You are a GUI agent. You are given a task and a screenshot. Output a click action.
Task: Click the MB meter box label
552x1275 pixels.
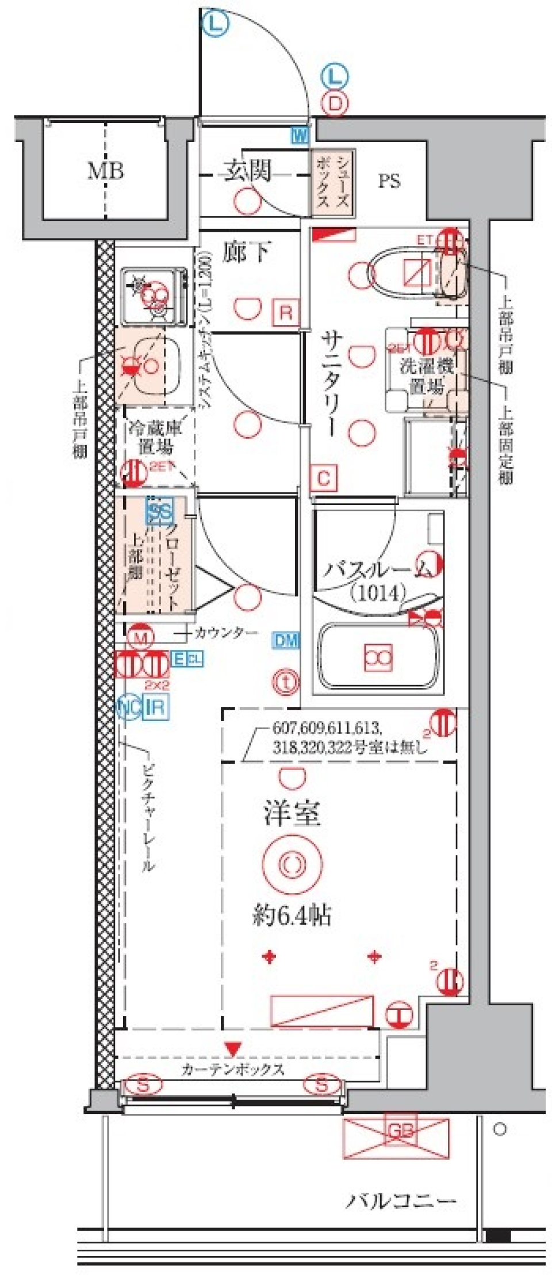click(105, 171)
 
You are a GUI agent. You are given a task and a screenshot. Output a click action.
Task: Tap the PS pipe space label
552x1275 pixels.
click(389, 181)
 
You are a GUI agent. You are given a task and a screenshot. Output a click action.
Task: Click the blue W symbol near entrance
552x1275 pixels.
click(300, 136)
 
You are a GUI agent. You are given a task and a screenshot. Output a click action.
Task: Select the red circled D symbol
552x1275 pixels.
click(335, 104)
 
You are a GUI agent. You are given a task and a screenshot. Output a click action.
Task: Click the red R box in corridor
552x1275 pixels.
click(286, 313)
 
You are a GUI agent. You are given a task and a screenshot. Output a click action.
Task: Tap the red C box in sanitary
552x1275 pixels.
click(324, 478)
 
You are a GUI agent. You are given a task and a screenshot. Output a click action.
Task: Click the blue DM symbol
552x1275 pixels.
click(286, 641)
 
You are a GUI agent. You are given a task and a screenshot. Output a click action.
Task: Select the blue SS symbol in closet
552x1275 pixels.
click(160, 511)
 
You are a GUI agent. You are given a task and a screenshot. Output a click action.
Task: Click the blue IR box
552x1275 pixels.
click(156, 707)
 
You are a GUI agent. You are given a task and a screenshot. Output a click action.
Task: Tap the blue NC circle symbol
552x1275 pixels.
click(129, 707)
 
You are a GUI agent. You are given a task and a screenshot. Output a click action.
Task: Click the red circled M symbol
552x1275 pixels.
click(140, 637)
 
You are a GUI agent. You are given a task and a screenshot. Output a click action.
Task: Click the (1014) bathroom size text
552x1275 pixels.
click(378, 592)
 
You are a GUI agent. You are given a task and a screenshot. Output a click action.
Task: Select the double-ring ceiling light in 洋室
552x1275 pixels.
click(292, 863)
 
